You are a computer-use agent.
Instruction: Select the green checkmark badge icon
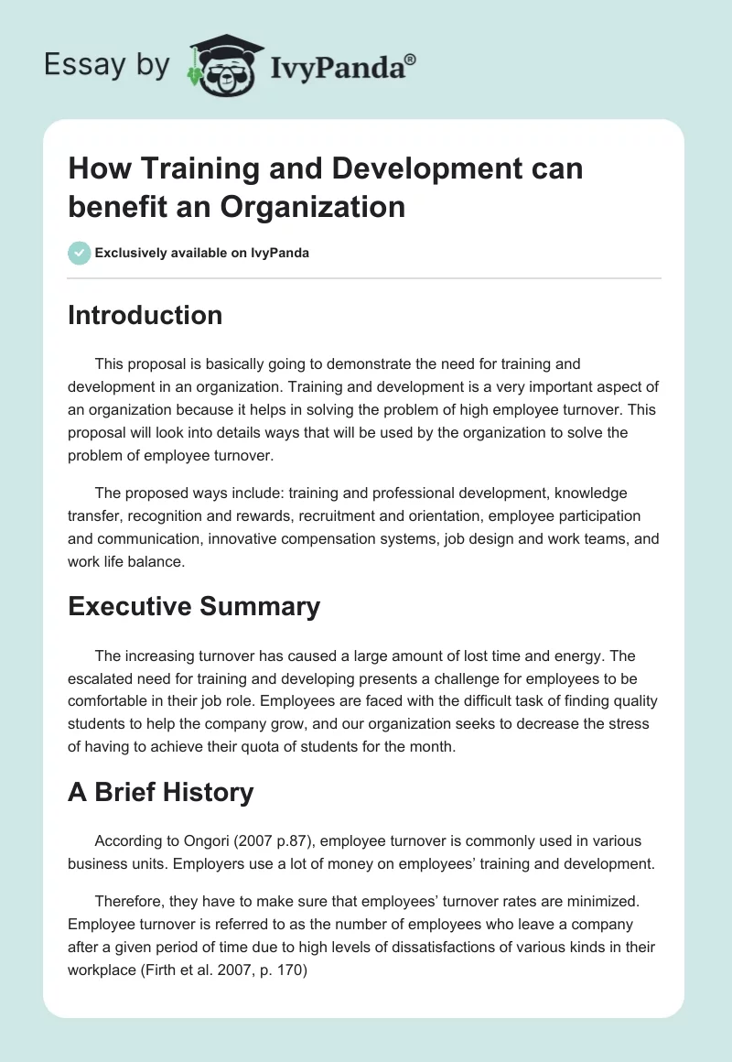tap(80, 253)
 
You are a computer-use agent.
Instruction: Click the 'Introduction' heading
tap(145, 315)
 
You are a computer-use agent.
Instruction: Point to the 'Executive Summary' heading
tap(194, 606)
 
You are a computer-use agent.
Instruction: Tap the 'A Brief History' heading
tap(160, 792)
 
